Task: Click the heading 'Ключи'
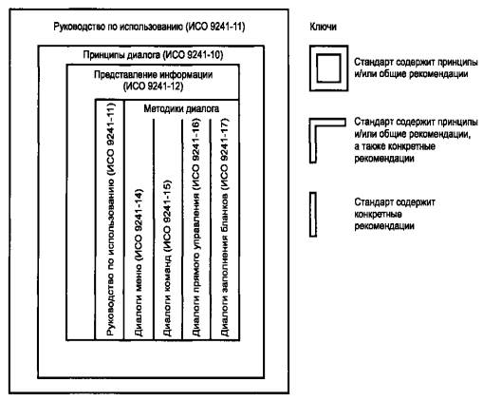pyautogui.click(x=323, y=27)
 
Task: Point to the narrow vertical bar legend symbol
pyautogui.click(x=313, y=215)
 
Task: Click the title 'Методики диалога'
pyautogui.click(x=181, y=109)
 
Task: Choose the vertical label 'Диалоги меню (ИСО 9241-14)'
pyautogui.click(x=139, y=262)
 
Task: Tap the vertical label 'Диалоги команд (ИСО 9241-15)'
pyautogui.click(x=167, y=258)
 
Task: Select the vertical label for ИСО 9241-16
pyautogui.click(x=195, y=227)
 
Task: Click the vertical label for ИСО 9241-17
pyautogui.click(x=224, y=227)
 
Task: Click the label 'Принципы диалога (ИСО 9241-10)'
pyautogui.click(x=153, y=55)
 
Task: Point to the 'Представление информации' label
pyautogui.click(x=153, y=75)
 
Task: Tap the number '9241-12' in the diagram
pyautogui.click(x=163, y=86)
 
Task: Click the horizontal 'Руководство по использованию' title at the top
pyautogui.click(x=149, y=27)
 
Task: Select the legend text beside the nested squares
pyautogui.click(x=416, y=68)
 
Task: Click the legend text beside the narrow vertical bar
pyautogui.click(x=395, y=214)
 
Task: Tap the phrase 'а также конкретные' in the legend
pyautogui.click(x=395, y=146)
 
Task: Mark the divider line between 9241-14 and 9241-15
pyautogui.click(x=154, y=229)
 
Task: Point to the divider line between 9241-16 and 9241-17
pyautogui.click(x=211, y=229)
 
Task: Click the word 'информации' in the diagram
pyautogui.click(x=186, y=75)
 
